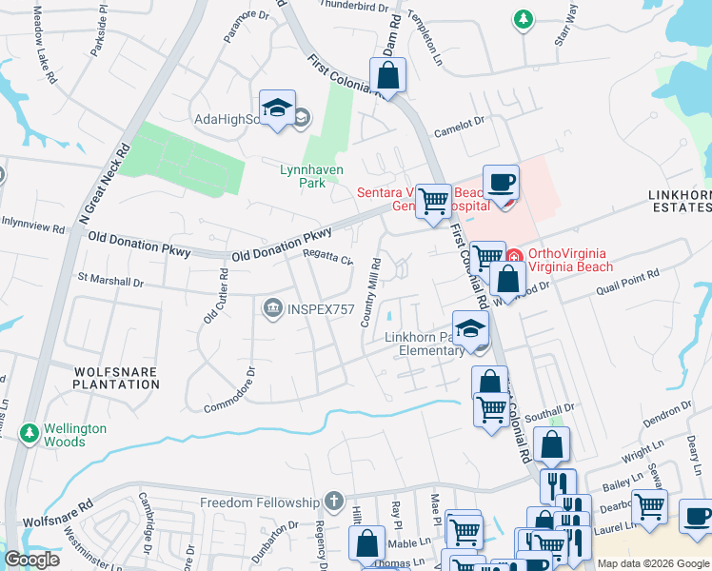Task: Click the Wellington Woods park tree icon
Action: pyautogui.click(x=30, y=434)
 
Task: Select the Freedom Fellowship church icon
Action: pyautogui.click(x=333, y=501)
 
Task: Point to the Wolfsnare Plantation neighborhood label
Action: pyautogui.click(x=116, y=376)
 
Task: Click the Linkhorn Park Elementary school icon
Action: pyautogui.click(x=470, y=329)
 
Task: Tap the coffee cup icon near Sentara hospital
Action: pyautogui.click(x=501, y=183)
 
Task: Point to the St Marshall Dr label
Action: pyautogui.click(x=110, y=283)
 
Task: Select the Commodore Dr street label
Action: pyautogui.click(x=230, y=391)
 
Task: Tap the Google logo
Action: pyautogui.click(x=31, y=560)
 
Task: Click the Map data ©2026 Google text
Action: pyautogui.click(x=652, y=563)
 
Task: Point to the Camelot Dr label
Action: pyautogui.click(x=460, y=121)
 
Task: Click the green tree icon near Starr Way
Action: pyautogui.click(x=523, y=18)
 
